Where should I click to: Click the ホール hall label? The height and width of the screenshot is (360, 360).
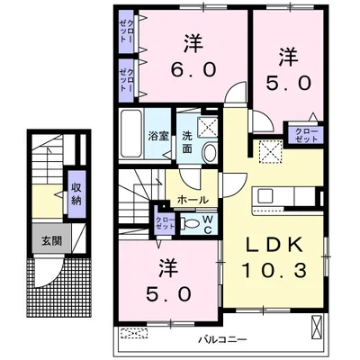point(193,200)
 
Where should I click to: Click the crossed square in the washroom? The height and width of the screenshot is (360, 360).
point(207,126)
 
